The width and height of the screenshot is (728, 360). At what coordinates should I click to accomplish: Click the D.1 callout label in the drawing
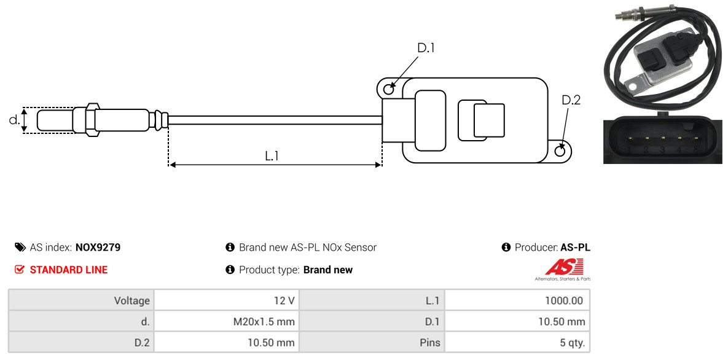pos(426,48)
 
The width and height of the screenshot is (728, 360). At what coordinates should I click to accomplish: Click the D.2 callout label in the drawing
pos(571,100)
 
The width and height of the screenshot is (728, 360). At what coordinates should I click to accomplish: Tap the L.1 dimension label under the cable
pos(272,156)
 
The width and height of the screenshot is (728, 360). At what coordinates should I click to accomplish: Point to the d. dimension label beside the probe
pos(14,120)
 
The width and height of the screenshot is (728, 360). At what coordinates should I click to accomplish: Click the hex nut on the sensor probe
pos(92,120)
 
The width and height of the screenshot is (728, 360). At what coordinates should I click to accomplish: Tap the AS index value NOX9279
pos(98,248)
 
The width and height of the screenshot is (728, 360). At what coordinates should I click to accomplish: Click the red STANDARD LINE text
pos(69,270)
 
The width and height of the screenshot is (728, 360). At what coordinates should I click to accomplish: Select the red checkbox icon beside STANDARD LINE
pos(19,270)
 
